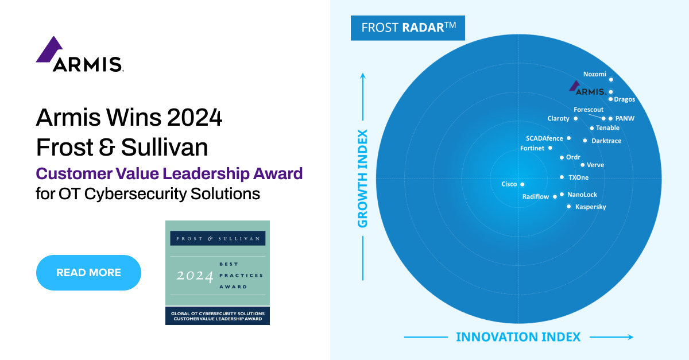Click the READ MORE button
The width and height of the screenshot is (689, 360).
click(x=88, y=273)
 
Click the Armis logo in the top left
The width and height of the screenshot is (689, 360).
click(x=79, y=55)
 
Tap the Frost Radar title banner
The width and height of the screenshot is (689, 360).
click(x=408, y=28)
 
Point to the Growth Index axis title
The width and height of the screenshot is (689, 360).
click(x=363, y=178)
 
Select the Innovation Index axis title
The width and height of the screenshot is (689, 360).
click(x=518, y=337)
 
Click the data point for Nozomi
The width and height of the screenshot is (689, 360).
click(x=611, y=80)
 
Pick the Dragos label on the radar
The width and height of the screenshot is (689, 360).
click(x=624, y=99)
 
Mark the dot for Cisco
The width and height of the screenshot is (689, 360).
click(x=522, y=184)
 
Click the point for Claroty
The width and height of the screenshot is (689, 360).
click(x=575, y=119)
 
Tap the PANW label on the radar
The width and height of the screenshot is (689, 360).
click(x=625, y=119)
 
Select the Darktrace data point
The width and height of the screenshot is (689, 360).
click(x=585, y=141)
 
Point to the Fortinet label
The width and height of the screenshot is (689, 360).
click(x=532, y=148)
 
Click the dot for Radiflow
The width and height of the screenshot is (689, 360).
click(x=555, y=197)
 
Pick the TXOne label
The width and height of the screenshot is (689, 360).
click(x=578, y=177)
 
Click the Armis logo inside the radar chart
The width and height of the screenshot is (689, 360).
click(x=587, y=89)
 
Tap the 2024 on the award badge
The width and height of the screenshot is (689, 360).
click(x=195, y=276)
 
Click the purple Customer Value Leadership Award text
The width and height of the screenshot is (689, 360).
click(x=169, y=173)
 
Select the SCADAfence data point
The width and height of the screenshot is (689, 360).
click(x=568, y=138)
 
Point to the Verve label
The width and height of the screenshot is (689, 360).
click(x=595, y=165)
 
